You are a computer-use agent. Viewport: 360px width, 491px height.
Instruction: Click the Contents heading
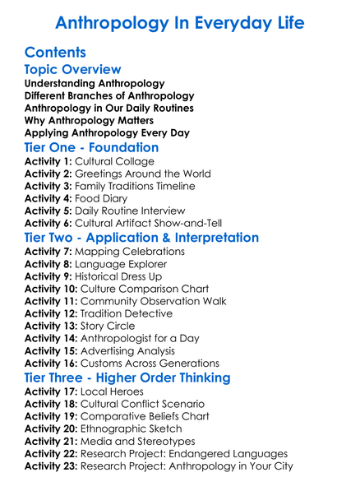55,53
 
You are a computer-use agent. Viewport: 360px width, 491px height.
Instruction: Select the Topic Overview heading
72,69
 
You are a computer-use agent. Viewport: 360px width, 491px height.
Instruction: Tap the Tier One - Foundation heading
91,148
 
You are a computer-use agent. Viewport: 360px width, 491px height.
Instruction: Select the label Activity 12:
52,314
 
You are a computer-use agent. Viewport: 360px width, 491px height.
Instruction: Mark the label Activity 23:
52,466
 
